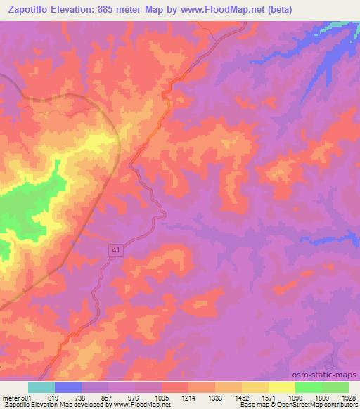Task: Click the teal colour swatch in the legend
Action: pyautogui.click(x=41, y=387)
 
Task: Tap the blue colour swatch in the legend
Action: pyautogui.click(x=68, y=387)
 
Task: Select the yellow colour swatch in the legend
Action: pyautogui.click(x=281, y=387)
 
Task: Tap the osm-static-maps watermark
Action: pyautogui.click(x=330, y=375)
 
